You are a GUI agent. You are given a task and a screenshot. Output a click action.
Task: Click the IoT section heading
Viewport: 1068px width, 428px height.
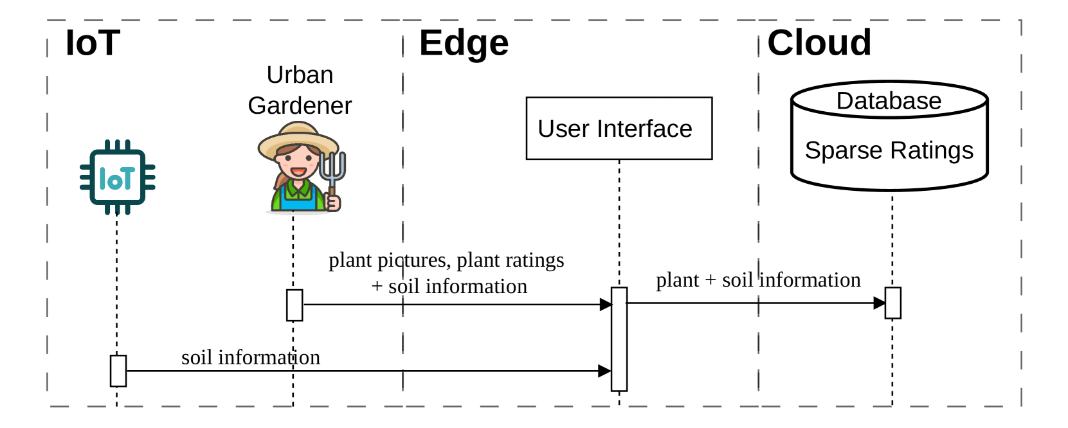click(93, 44)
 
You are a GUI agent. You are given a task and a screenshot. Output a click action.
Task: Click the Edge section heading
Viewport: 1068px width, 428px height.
click(464, 44)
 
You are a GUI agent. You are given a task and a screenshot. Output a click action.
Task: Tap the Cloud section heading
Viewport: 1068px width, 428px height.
click(819, 43)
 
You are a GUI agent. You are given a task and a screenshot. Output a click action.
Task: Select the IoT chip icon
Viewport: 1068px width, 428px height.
click(118, 177)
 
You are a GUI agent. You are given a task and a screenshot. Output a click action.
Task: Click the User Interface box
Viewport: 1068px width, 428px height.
click(619, 129)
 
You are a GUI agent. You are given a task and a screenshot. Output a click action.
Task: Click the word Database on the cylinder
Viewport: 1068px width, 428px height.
click(889, 101)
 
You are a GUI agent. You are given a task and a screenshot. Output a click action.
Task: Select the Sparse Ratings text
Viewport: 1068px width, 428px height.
click(889, 150)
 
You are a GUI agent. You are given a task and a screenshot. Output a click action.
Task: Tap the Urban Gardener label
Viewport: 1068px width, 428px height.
click(300, 90)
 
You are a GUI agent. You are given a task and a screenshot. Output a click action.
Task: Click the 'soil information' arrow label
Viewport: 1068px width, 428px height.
click(251, 357)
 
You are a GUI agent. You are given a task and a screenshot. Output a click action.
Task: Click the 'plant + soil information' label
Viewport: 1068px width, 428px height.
click(758, 280)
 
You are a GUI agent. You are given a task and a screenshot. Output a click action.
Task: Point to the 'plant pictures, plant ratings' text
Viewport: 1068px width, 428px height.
click(446, 260)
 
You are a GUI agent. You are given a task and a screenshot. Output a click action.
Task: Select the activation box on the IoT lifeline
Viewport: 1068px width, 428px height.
click(118, 371)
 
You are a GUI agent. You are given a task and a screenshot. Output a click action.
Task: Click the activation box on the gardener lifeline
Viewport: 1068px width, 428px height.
click(294, 305)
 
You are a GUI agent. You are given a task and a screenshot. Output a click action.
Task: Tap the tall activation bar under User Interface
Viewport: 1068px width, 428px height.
click(619, 339)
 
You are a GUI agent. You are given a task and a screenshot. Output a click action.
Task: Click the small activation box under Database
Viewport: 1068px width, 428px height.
click(892, 303)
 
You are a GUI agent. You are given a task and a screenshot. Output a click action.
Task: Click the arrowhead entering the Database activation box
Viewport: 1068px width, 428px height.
click(879, 303)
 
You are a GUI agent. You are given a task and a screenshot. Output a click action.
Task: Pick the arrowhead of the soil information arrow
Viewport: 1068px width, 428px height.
click(604, 371)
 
